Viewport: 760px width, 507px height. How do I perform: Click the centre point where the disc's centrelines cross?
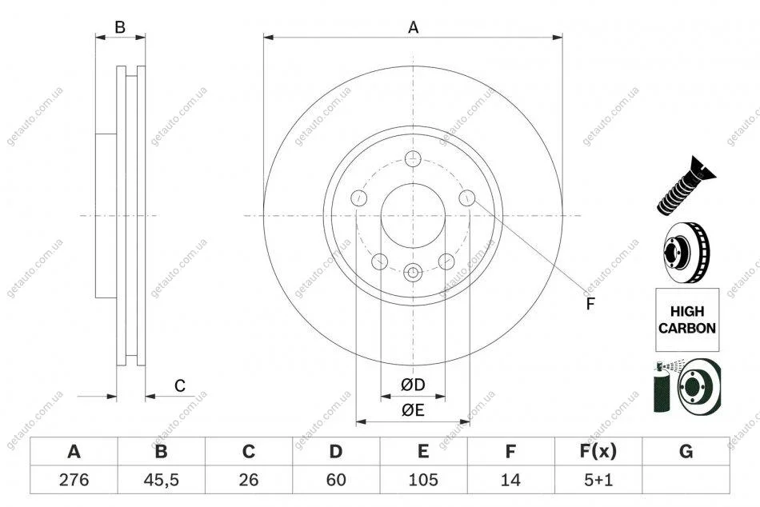point(413,215)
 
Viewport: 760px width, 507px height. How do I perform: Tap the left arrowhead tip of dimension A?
point(264,37)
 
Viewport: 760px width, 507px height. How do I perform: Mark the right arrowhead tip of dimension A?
point(562,37)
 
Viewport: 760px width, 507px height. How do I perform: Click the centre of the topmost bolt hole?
point(413,158)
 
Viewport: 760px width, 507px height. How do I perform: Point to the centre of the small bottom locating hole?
point(413,273)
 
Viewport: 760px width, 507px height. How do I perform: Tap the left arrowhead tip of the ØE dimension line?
point(356,422)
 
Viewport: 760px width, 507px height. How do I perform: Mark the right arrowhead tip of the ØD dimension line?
point(446,397)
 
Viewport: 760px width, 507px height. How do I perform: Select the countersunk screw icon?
point(686,186)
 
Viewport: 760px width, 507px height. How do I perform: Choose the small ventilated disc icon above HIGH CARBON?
point(686,253)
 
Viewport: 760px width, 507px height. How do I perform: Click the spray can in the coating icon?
point(663,388)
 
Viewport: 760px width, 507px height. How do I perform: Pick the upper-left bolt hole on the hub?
point(358,198)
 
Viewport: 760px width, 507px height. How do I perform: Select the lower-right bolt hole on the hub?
point(446,261)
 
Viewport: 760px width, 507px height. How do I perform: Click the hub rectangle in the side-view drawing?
point(106,216)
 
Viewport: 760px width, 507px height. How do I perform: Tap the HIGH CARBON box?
point(687,320)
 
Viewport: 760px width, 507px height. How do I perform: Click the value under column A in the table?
point(74,480)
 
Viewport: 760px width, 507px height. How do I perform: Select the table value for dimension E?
point(423,480)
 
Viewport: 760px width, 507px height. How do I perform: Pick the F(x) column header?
point(598,451)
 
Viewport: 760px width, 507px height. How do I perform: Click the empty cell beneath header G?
point(686,480)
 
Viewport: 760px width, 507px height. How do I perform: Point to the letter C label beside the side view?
point(180,385)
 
